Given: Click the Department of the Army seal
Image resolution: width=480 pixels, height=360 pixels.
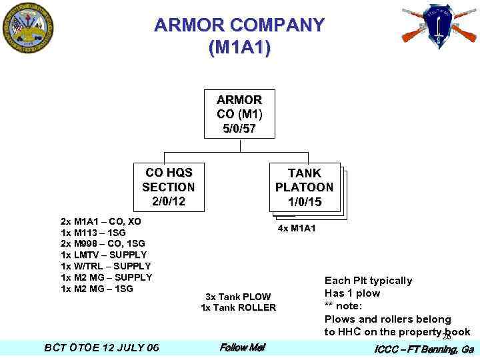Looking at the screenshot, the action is [x=27, y=29].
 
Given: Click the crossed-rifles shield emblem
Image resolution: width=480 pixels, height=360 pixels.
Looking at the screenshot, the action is [x=439, y=26].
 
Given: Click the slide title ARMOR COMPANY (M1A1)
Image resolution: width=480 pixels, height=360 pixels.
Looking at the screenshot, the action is [x=239, y=37].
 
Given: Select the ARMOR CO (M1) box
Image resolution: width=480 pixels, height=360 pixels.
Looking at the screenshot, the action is [x=239, y=113].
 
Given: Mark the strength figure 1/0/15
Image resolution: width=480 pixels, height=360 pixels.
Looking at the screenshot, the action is [x=305, y=202].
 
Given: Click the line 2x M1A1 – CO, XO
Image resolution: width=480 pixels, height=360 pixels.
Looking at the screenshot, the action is [x=101, y=221].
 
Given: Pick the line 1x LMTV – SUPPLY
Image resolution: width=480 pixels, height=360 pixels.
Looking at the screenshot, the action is [x=103, y=255].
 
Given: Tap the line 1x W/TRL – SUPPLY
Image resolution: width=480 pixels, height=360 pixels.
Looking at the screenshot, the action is [x=105, y=266].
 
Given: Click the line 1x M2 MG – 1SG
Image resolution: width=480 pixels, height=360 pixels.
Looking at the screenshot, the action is [x=97, y=289].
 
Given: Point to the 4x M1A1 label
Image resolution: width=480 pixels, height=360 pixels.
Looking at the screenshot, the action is [x=297, y=229].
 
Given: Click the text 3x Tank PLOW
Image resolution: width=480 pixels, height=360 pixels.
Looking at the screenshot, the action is [x=238, y=296].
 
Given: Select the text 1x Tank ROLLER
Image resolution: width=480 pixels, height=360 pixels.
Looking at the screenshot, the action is [x=238, y=307].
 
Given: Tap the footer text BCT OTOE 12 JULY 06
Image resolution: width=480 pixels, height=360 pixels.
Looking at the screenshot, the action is [x=101, y=347].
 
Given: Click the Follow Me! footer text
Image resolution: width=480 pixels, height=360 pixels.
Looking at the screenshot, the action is [x=242, y=347].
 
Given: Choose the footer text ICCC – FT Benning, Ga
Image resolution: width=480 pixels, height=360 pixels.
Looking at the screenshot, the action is [x=423, y=349].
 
